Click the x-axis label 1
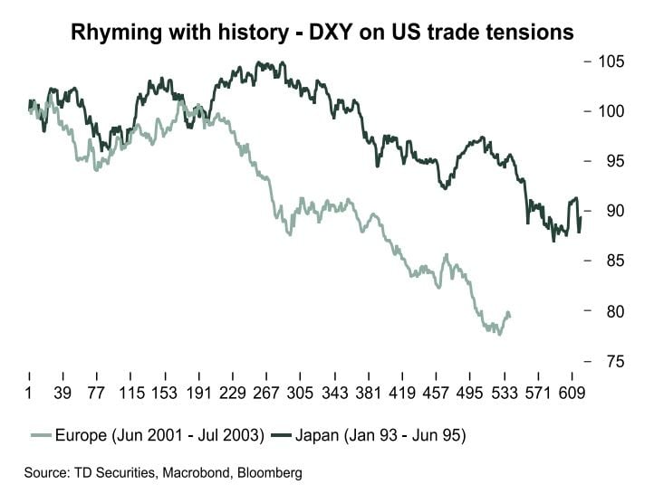click(29, 394)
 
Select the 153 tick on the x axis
click(164, 394)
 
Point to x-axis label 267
click(266, 394)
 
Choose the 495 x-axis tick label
click(470, 394)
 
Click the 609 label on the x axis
click(572, 394)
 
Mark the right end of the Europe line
click(510, 316)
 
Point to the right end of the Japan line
click(580, 217)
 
